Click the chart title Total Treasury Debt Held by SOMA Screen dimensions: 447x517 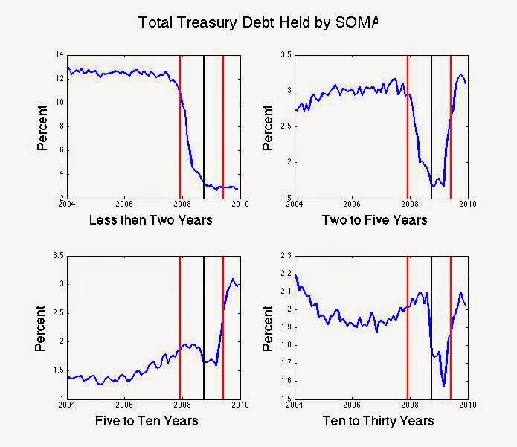pos(258,23)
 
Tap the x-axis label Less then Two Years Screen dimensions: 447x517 pos(151,219)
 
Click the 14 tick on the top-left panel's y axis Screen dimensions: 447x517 pos(60,55)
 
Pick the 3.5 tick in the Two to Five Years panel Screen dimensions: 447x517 pos(283,55)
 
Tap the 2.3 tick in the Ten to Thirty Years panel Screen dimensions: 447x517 pos(283,256)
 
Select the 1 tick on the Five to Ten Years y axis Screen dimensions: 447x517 pos(62,399)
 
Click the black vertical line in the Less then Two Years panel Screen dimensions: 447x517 pos(204,126)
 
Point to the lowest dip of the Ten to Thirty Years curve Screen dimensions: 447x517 pos(444,385)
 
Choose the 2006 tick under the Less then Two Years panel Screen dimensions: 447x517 pos(124,204)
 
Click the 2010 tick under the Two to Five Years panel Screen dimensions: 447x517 pos(467,204)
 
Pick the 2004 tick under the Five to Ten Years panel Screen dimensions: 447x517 pos(67,405)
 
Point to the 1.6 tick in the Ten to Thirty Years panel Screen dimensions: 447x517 pos(283,381)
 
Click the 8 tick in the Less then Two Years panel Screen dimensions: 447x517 pos(61,126)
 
